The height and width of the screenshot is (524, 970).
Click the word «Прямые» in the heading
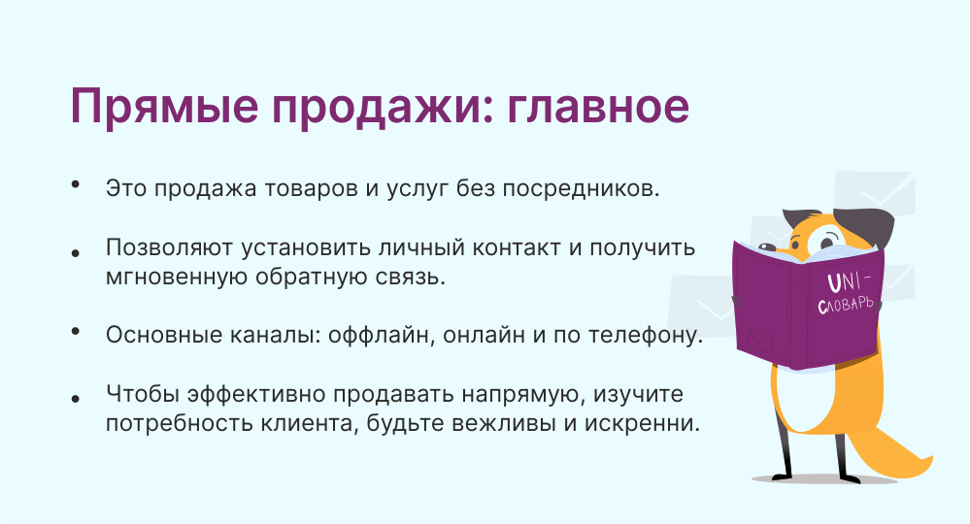pos(164,107)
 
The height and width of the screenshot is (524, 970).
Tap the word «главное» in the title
pos(598,106)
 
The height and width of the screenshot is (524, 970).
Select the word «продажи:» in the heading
pos(383,107)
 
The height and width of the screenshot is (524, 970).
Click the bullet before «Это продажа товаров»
pos(76,183)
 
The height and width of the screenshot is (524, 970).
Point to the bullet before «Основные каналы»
pos(76,331)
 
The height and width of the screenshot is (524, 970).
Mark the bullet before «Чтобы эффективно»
pos(76,399)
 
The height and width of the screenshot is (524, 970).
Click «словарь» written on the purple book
pos(846,303)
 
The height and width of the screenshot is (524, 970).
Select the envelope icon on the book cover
pos(759,342)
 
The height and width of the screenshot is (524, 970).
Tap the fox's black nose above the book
pos(768,246)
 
